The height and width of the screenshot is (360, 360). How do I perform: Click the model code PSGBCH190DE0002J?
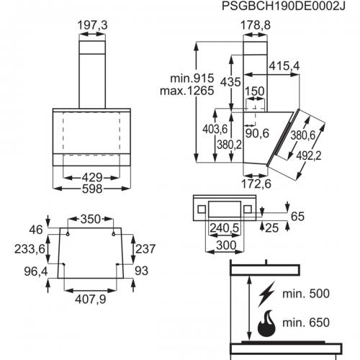pyautogui.click(x=284, y=6)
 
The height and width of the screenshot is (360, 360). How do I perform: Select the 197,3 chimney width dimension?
pyautogui.click(x=92, y=25)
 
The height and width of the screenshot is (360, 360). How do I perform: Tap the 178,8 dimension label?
pyautogui.click(x=256, y=25)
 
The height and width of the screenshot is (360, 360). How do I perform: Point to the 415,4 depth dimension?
pyautogui.click(x=284, y=66)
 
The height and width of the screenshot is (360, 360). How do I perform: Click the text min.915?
pyautogui.click(x=192, y=78)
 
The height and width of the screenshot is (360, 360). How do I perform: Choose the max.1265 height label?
pyautogui.click(x=186, y=91)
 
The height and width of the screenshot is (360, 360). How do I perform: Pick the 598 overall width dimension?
pyautogui.click(x=92, y=189)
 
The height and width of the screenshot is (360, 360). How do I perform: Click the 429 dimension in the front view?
pyautogui.click(x=92, y=178)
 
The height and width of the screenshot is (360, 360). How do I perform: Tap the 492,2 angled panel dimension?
pyautogui.click(x=308, y=156)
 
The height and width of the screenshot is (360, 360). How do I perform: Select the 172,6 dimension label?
pyautogui.click(x=256, y=184)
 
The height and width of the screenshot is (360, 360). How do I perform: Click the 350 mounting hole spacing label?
pyautogui.click(x=91, y=219)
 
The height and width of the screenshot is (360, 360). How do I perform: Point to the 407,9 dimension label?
pyautogui.click(x=91, y=300)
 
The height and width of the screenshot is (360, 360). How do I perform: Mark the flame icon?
pyautogui.click(x=266, y=323)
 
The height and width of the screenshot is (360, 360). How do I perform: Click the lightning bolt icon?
pyautogui.click(x=266, y=294)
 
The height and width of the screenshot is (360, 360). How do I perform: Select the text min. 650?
pyautogui.click(x=306, y=323)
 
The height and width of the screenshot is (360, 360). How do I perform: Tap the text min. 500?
pyautogui.click(x=306, y=294)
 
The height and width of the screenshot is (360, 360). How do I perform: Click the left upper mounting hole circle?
pyautogui.click(x=68, y=234)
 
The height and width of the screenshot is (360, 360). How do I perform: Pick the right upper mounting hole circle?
pyautogui.click(x=114, y=234)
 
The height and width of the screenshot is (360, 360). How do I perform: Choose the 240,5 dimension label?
pyautogui.click(x=225, y=228)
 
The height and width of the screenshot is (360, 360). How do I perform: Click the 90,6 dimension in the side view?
pyautogui.click(x=257, y=133)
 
